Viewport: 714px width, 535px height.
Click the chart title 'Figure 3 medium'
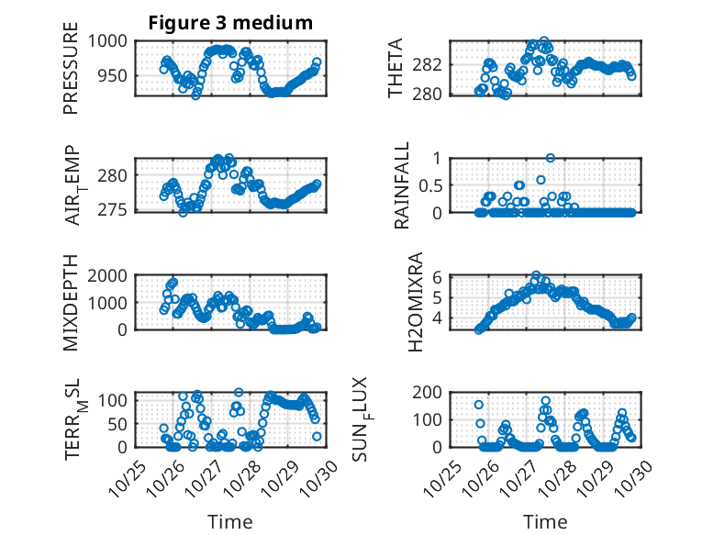230,23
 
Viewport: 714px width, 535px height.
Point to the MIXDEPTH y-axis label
71,301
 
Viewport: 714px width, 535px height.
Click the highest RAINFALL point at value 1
551,158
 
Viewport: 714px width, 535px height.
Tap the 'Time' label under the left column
229,521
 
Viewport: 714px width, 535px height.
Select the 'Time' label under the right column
545,521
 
